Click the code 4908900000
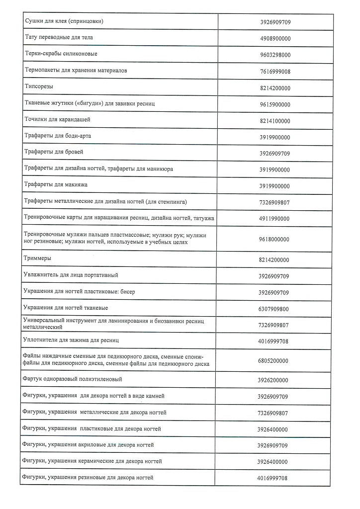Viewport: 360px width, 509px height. click(275, 38)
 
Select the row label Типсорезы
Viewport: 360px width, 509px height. click(39, 86)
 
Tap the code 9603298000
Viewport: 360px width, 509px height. click(275, 55)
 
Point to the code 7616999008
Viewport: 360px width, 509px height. click(275, 71)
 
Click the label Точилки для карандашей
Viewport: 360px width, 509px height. click(58, 120)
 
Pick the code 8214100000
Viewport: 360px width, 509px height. click(275, 121)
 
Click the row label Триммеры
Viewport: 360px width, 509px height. click(37, 258)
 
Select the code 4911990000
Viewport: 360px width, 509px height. click(275, 218)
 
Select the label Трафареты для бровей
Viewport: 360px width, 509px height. click(54, 152)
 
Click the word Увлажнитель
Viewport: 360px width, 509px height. click(42, 275)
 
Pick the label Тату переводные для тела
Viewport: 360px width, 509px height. click(59, 37)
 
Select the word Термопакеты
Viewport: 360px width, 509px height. click(43, 71)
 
